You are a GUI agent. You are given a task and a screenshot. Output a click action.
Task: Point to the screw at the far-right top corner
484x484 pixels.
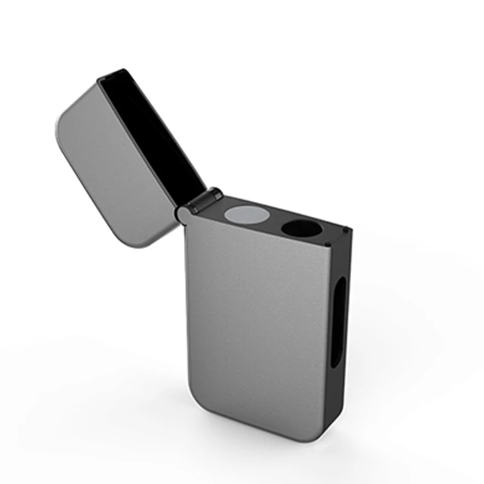(347, 229)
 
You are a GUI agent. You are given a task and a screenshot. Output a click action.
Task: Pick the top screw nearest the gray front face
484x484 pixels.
(327, 243)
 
